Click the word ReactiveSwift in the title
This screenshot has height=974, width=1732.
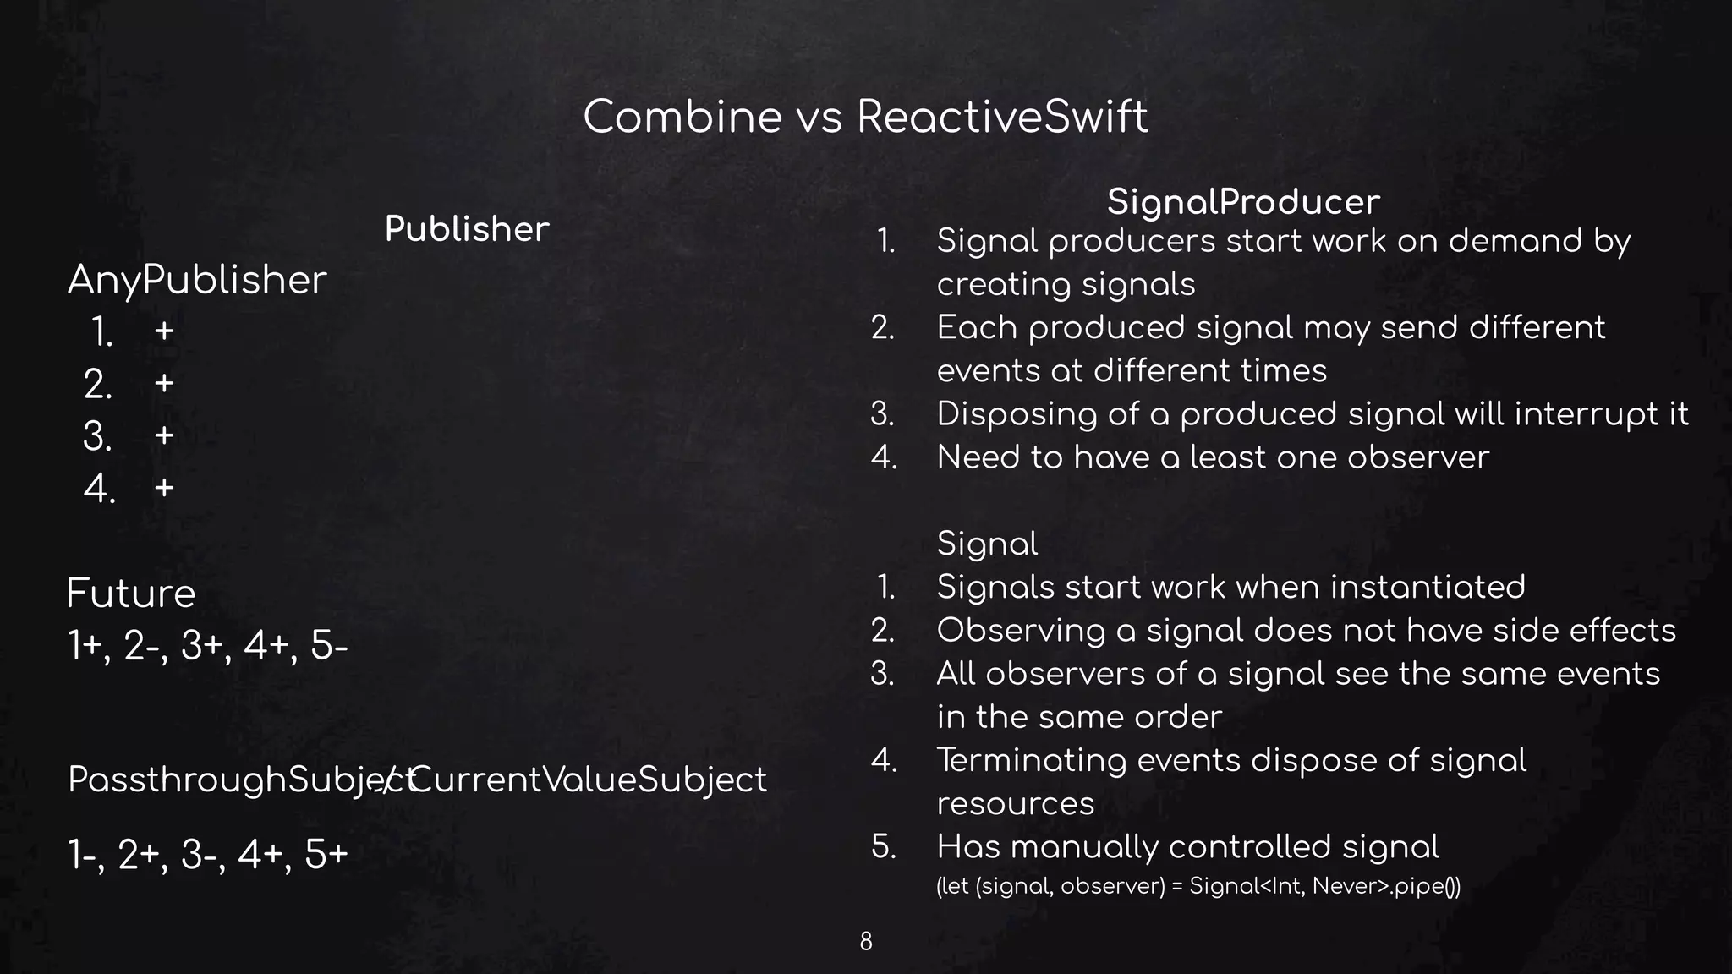tap(1002, 117)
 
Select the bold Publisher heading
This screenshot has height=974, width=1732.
tap(467, 229)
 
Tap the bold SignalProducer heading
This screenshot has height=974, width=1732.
tap(1243, 202)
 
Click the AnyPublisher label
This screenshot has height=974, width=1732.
tap(197, 280)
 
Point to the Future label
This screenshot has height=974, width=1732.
tap(131, 593)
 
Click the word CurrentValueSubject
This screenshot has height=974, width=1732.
tap(588, 779)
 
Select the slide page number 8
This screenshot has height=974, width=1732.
tap(866, 941)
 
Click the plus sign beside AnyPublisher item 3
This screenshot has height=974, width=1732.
tap(164, 435)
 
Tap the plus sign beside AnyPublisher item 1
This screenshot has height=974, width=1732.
tap(164, 331)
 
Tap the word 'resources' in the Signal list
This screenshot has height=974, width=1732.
tap(1015, 803)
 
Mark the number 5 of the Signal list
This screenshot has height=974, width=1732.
tap(884, 846)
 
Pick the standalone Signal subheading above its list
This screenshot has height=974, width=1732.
tap(987, 544)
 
